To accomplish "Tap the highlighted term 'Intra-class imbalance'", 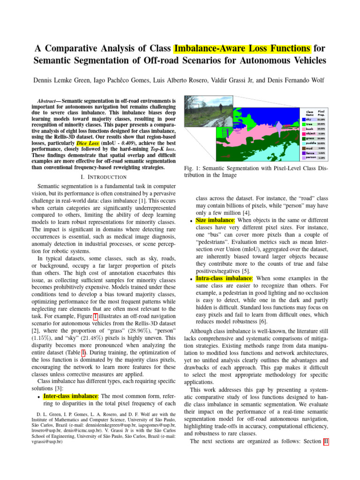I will tap(224, 278).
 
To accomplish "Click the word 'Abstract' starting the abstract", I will tap(48, 101).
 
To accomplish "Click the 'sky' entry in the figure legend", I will tap(308, 120).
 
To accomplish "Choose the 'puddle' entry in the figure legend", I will tap(310, 143).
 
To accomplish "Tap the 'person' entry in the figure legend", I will tap(310, 158).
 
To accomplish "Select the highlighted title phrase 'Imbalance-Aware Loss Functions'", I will tap(242, 49).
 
